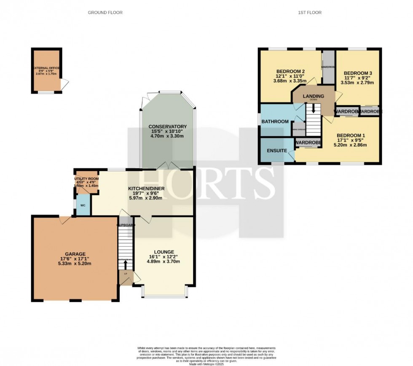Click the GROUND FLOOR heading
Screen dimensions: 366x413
pos(105,13)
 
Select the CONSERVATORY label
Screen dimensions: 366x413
pos(167,126)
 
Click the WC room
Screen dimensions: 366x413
pos(83,205)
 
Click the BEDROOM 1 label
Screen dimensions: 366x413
pos(351,136)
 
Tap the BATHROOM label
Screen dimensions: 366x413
pos(275,121)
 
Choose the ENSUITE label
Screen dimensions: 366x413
pos(277,151)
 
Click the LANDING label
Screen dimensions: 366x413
pos(314,96)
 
